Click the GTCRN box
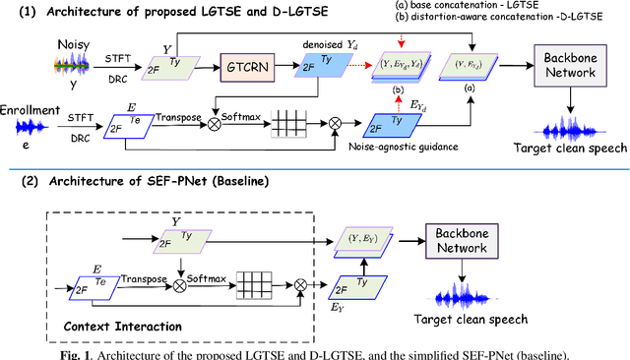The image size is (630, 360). tap(250, 68)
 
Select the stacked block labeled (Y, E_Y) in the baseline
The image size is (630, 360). tap(365, 238)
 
